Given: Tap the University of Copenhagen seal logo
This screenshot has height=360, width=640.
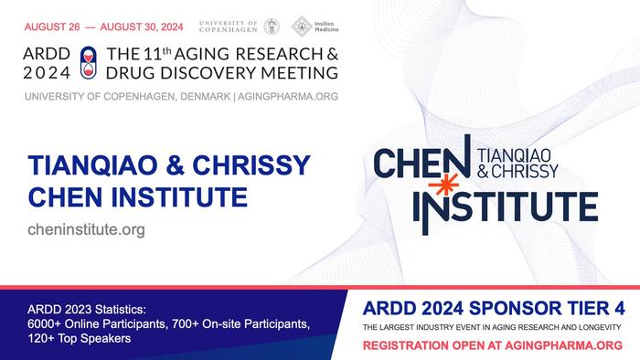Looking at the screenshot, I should coord(272,26).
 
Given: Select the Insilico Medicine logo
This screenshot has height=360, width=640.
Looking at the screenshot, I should coord(303,26).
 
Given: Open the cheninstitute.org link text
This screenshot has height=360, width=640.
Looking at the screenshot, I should coord(87,229).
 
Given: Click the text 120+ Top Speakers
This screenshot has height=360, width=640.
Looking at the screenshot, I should coord(78,338).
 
